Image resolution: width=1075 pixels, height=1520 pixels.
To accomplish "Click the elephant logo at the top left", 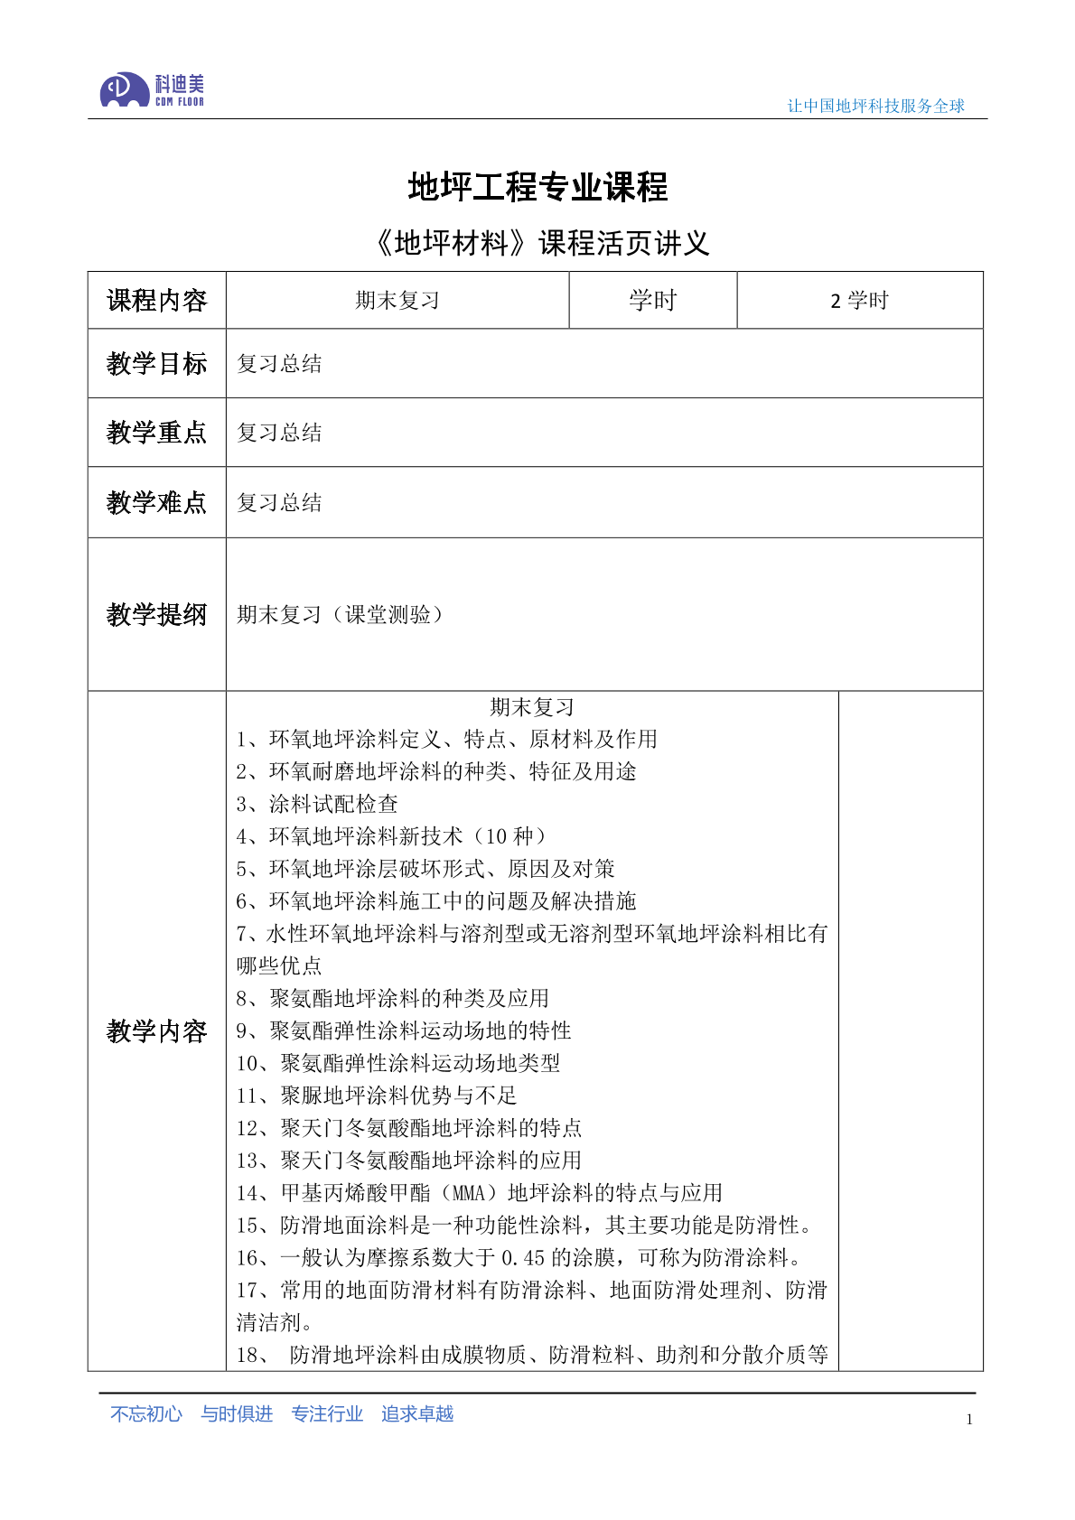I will coord(125,89).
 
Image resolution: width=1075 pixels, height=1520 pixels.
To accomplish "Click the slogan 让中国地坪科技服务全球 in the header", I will coord(875,106).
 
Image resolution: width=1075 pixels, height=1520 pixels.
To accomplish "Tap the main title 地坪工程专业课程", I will coord(537,187).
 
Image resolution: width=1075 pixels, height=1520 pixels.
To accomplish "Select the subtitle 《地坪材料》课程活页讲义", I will coord(539,242).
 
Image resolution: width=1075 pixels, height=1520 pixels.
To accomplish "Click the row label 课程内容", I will coord(156,300).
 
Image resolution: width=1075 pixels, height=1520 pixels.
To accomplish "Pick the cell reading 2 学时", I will coord(859,300).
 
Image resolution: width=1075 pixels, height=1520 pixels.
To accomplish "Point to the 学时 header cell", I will coord(652,300).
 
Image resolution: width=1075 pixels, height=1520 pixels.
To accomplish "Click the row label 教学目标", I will coord(156,363).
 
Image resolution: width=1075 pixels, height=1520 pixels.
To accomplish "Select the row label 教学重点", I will coord(156,432).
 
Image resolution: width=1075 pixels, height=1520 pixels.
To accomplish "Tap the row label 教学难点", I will coord(156,502).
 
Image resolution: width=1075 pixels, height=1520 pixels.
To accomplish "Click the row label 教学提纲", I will coord(156,614).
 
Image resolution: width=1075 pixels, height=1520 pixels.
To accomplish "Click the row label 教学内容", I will coord(156,1030).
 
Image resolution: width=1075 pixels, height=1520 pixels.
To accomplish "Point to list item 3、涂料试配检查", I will coord(317,804).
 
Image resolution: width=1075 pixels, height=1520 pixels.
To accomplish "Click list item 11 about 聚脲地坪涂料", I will coord(377,1096).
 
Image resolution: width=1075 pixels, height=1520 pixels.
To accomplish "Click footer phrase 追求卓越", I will coord(416,1413).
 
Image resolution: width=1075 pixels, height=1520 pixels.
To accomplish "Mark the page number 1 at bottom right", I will coord(969,1419).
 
